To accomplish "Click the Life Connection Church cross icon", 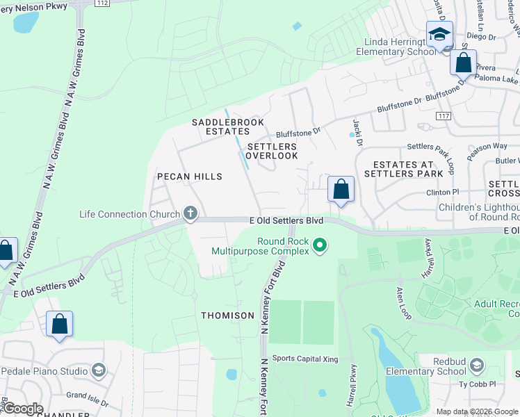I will click(x=190, y=215).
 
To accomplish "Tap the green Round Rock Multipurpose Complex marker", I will click(x=320, y=245).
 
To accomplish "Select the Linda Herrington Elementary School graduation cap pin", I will click(x=439, y=35).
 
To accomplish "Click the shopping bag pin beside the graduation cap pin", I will click(x=463, y=63).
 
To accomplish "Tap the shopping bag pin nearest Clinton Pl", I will click(x=341, y=189).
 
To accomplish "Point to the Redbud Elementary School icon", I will click(x=477, y=365).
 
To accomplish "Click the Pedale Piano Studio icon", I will click(x=99, y=370).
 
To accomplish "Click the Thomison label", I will click(x=228, y=316).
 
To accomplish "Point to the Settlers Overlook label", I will click(x=272, y=152).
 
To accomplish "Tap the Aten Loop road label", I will click(x=405, y=303).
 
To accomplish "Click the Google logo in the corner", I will click(x=22, y=409).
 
